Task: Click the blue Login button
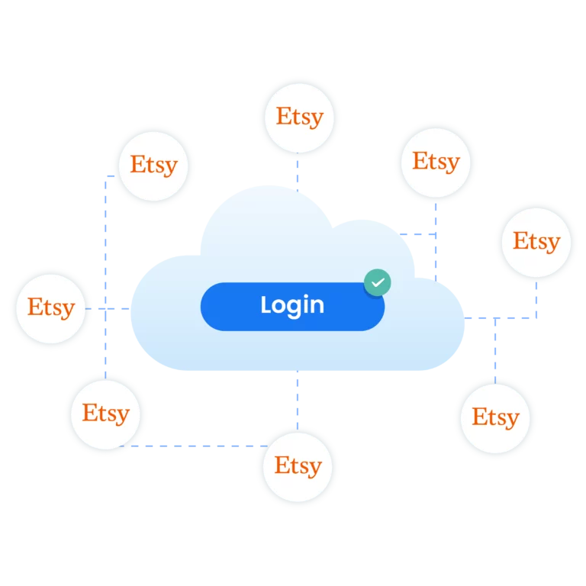pyautogui.click(x=292, y=306)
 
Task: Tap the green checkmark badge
pyautogui.click(x=377, y=282)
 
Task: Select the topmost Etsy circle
pyautogui.click(x=299, y=117)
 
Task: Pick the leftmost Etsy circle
pyautogui.click(x=52, y=307)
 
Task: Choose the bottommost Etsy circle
pyautogui.click(x=298, y=465)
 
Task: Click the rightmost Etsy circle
pyautogui.click(x=536, y=241)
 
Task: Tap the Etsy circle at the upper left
pyautogui.click(x=153, y=165)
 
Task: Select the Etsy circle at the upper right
pyautogui.click(x=436, y=162)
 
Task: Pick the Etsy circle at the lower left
pyautogui.click(x=105, y=414)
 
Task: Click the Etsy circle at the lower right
pyautogui.click(x=494, y=417)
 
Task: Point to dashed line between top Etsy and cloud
pyautogui.click(x=297, y=174)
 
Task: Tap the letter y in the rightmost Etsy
pyautogui.click(x=552, y=243)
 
